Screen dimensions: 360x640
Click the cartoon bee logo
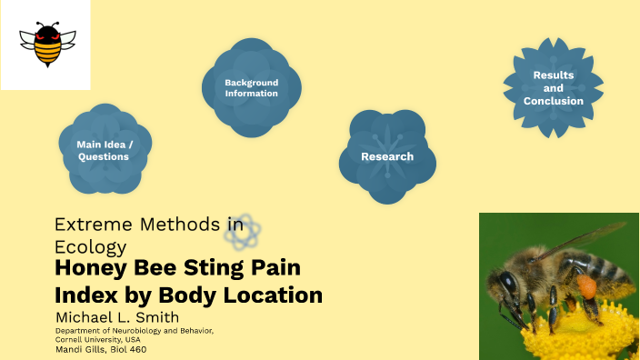coord(45,45)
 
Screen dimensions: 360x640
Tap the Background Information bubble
coord(251,87)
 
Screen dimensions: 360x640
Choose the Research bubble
coord(387,156)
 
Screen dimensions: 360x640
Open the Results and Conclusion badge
coord(553,88)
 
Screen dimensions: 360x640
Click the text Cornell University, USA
coord(99,339)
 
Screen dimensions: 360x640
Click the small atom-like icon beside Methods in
coord(245,232)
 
